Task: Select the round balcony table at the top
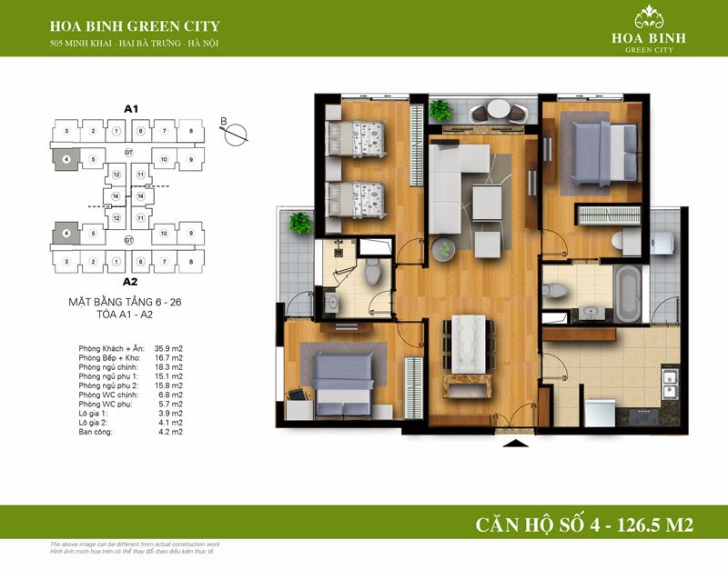click(x=499, y=111)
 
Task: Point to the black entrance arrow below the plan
click(x=515, y=445)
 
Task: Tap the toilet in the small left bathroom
click(x=371, y=272)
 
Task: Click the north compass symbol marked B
click(x=235, y=133)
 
